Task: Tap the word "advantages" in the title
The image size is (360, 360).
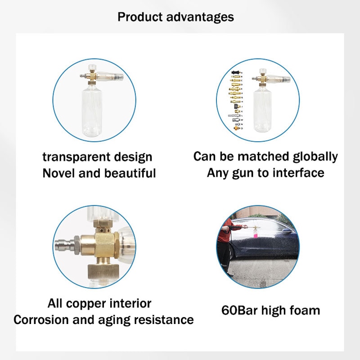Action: click(x=200, y=18)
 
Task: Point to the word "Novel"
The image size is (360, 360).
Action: click(x=59, y=173)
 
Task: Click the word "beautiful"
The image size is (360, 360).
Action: click(x=130, y=173)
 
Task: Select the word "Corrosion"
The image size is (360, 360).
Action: click(x=41, y=320)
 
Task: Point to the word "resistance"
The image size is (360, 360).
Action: click(x=164, y=320)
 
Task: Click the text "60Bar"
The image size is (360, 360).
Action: click(x=239, y=310)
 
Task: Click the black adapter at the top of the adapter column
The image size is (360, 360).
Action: click(x=235, y=72)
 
